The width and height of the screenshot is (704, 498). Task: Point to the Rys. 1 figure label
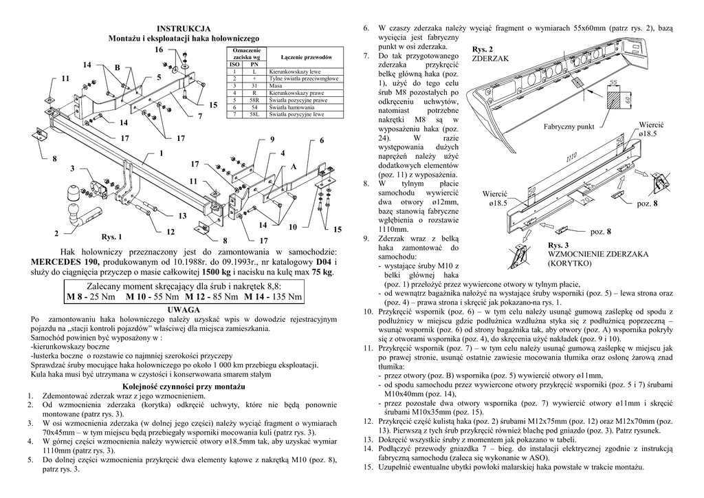click(111, 237)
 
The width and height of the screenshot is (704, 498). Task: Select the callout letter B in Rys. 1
click(118, 67)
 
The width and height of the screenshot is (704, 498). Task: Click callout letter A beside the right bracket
click(293, 167)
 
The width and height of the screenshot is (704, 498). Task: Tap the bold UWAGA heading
click(184, 310)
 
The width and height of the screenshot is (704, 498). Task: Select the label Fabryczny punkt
click(568, 127)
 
